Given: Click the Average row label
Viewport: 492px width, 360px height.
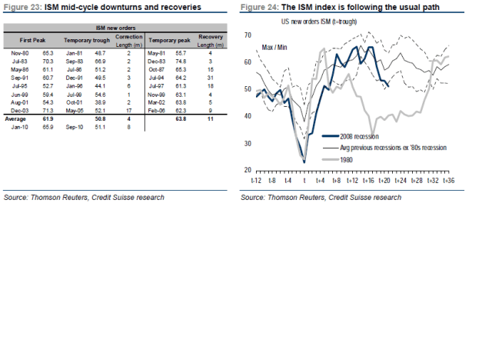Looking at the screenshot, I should [18, 120].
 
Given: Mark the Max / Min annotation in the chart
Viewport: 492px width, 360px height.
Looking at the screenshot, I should [277, 48].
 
